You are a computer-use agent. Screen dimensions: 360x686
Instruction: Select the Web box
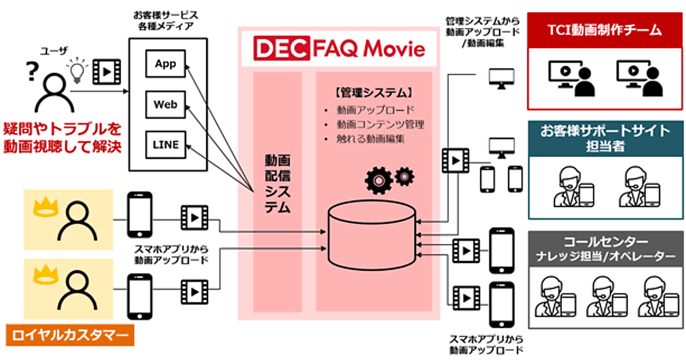165,105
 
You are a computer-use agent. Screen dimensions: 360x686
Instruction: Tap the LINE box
165,145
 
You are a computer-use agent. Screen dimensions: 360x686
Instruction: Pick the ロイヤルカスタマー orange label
70,334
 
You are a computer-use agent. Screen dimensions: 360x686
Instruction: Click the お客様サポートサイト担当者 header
605,138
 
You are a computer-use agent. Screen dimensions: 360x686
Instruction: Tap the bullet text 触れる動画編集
371,139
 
